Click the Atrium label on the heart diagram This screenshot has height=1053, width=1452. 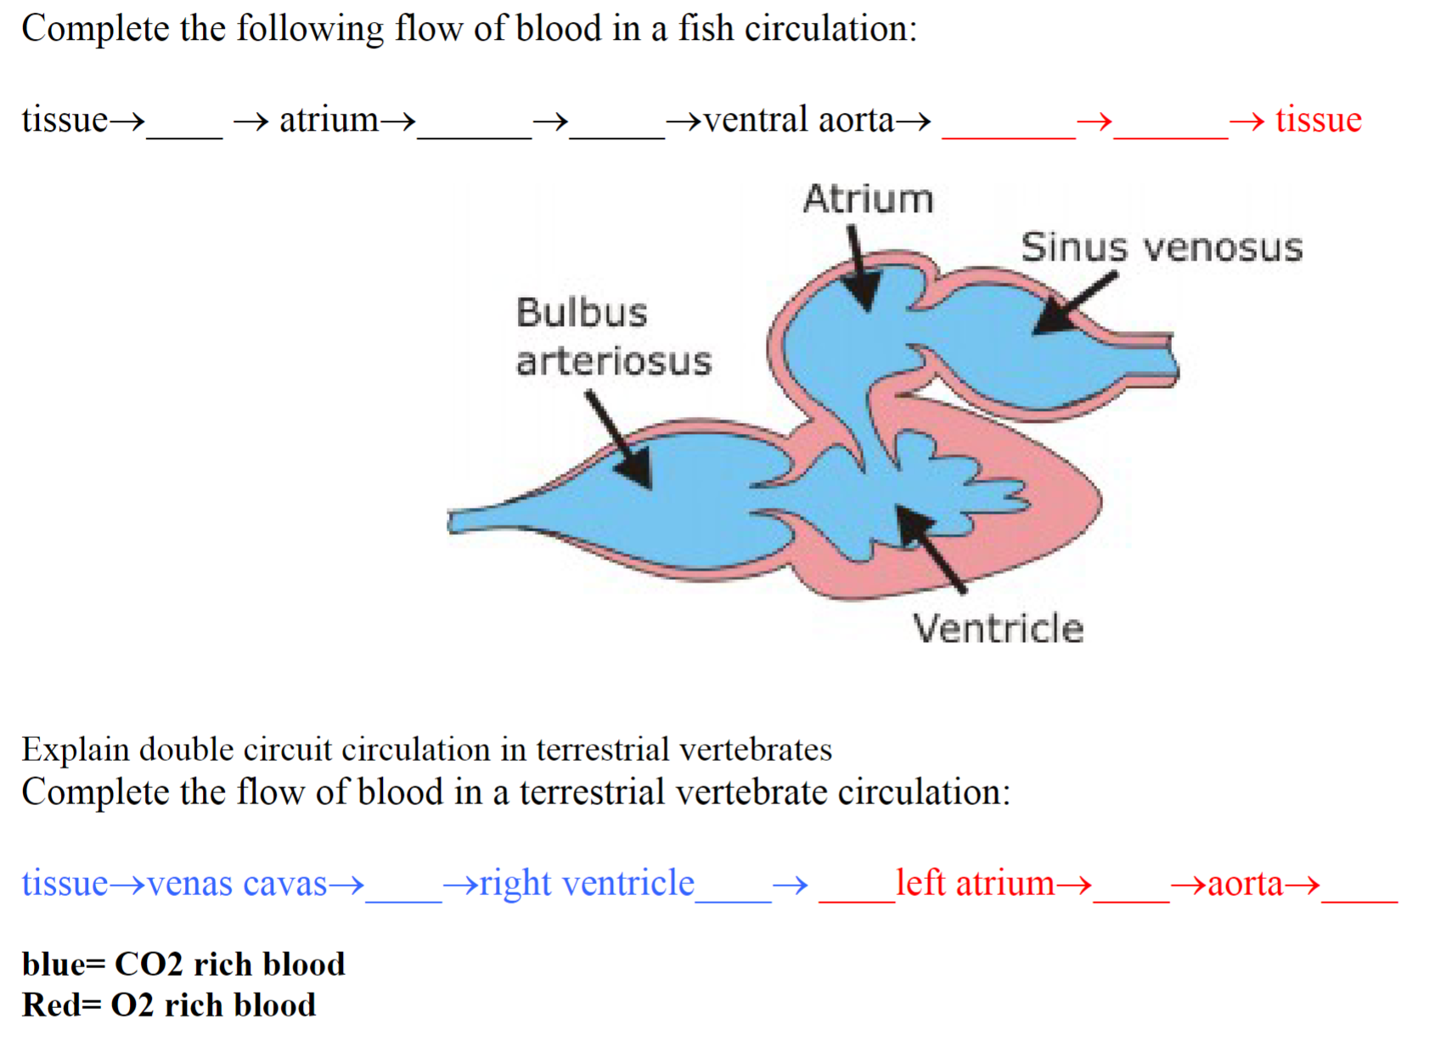coord(868,200)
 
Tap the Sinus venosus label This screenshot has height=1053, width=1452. coord(1161,248)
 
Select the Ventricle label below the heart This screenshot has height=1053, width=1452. coord(998,629)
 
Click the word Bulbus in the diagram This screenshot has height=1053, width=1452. coord(582,313)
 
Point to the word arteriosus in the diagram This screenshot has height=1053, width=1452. coord(613,362)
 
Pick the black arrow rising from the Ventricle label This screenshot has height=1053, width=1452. coord(930,548)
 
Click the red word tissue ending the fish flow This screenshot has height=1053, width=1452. coord(1318,120)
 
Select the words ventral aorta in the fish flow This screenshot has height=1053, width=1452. coord(798,120)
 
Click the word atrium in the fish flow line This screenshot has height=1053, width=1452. coord(329,120)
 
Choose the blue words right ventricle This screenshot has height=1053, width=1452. coord(587,883)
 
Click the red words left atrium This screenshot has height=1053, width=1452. coord(975,883)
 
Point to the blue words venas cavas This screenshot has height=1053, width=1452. coord(237,883)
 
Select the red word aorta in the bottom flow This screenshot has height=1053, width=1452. coord(1245,883)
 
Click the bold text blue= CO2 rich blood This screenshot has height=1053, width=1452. coord(183,964)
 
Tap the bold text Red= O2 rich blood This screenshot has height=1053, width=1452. coord(168,1005)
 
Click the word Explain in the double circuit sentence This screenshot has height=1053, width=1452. coord(75,750)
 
